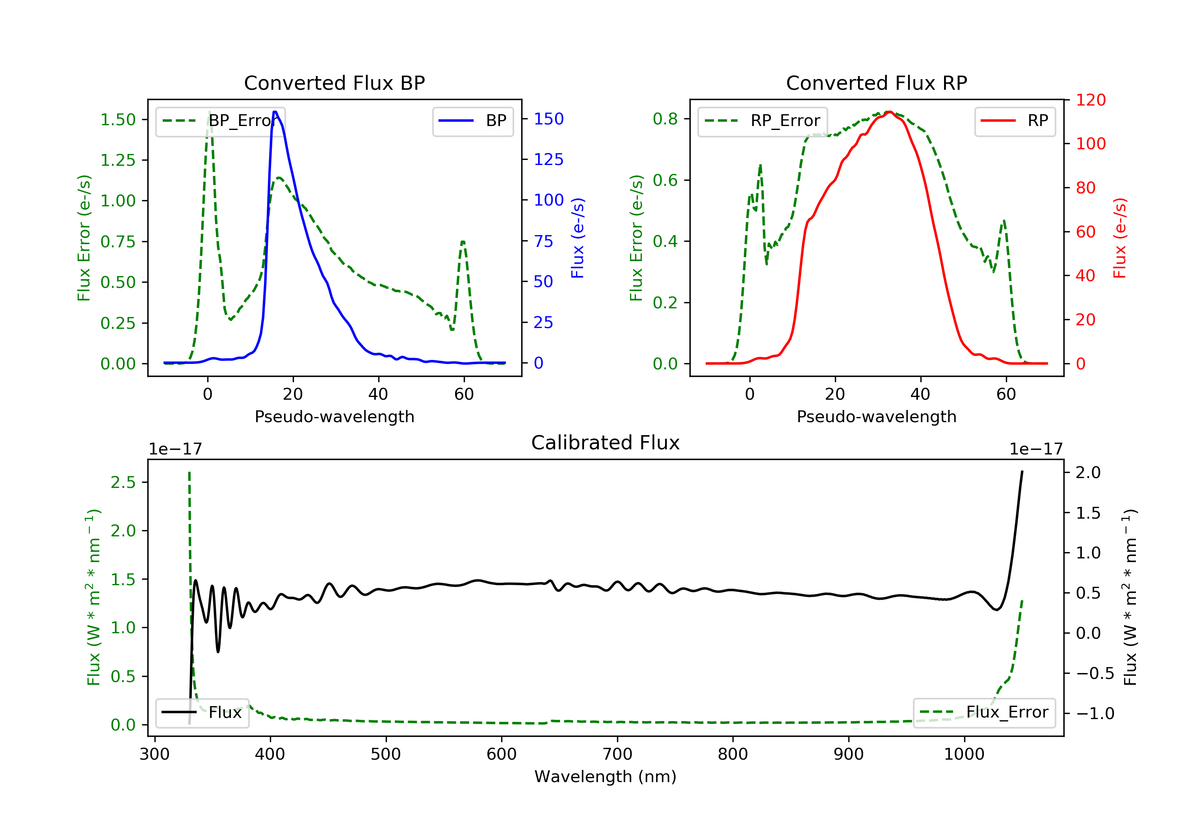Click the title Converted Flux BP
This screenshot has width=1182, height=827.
(x=334, y=83)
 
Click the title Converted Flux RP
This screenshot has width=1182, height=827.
(x=876, y=83)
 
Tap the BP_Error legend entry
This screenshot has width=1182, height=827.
(x=220, y=121)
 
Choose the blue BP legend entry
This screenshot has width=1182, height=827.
(x=472, y=121)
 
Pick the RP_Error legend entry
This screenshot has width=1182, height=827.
(x=762, y=121)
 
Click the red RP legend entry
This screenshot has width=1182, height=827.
(x=1014, y=121)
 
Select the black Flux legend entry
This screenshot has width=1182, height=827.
(x=202, y=713)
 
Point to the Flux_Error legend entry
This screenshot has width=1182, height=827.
(x=984, y=712)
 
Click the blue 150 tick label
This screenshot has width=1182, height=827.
(x=548, y=119)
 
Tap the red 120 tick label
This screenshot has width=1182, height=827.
(x=1090, y=100)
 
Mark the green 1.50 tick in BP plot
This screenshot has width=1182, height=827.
(x=118, y=119)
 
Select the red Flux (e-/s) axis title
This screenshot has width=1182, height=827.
(x=1119, y=238)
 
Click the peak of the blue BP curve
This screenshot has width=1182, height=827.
(x=275, y=112)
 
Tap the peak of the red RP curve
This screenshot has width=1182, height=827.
(x=889, y=112)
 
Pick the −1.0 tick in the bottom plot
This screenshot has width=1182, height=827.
(x=1095, y=713)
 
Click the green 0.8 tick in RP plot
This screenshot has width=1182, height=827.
(x=665, y=119)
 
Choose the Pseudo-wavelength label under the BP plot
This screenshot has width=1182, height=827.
(x=335, y=416)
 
